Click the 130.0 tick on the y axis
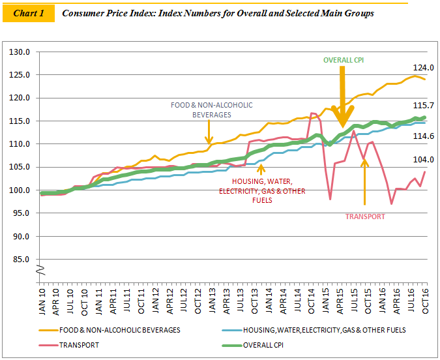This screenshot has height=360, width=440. (x=22, y=52)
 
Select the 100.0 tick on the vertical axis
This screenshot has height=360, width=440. (x=22, y=190)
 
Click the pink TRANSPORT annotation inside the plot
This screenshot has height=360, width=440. (x=364, y=216)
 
